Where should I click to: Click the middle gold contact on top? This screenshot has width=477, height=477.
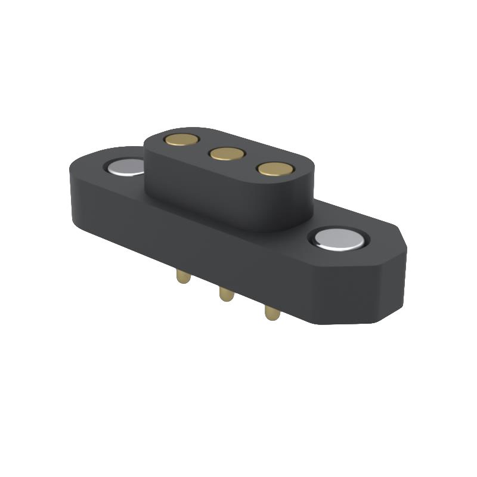click(x=227, y=154)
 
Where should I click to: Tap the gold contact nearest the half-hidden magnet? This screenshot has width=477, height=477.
click(x=182, y=140)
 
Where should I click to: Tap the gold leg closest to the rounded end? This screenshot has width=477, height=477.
click(x=183, y=277)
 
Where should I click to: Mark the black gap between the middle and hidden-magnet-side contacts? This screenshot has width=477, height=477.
click(x=204, y=147)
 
